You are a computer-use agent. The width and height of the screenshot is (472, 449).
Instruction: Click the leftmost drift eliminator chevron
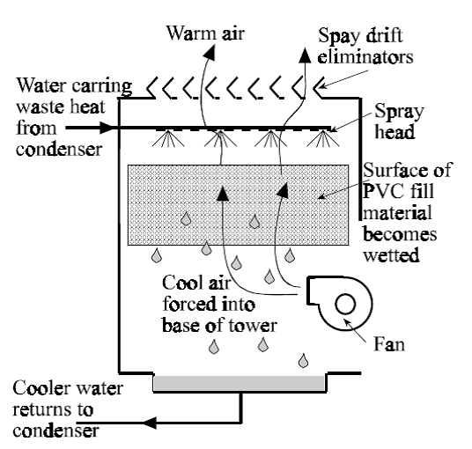coord(155,88)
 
